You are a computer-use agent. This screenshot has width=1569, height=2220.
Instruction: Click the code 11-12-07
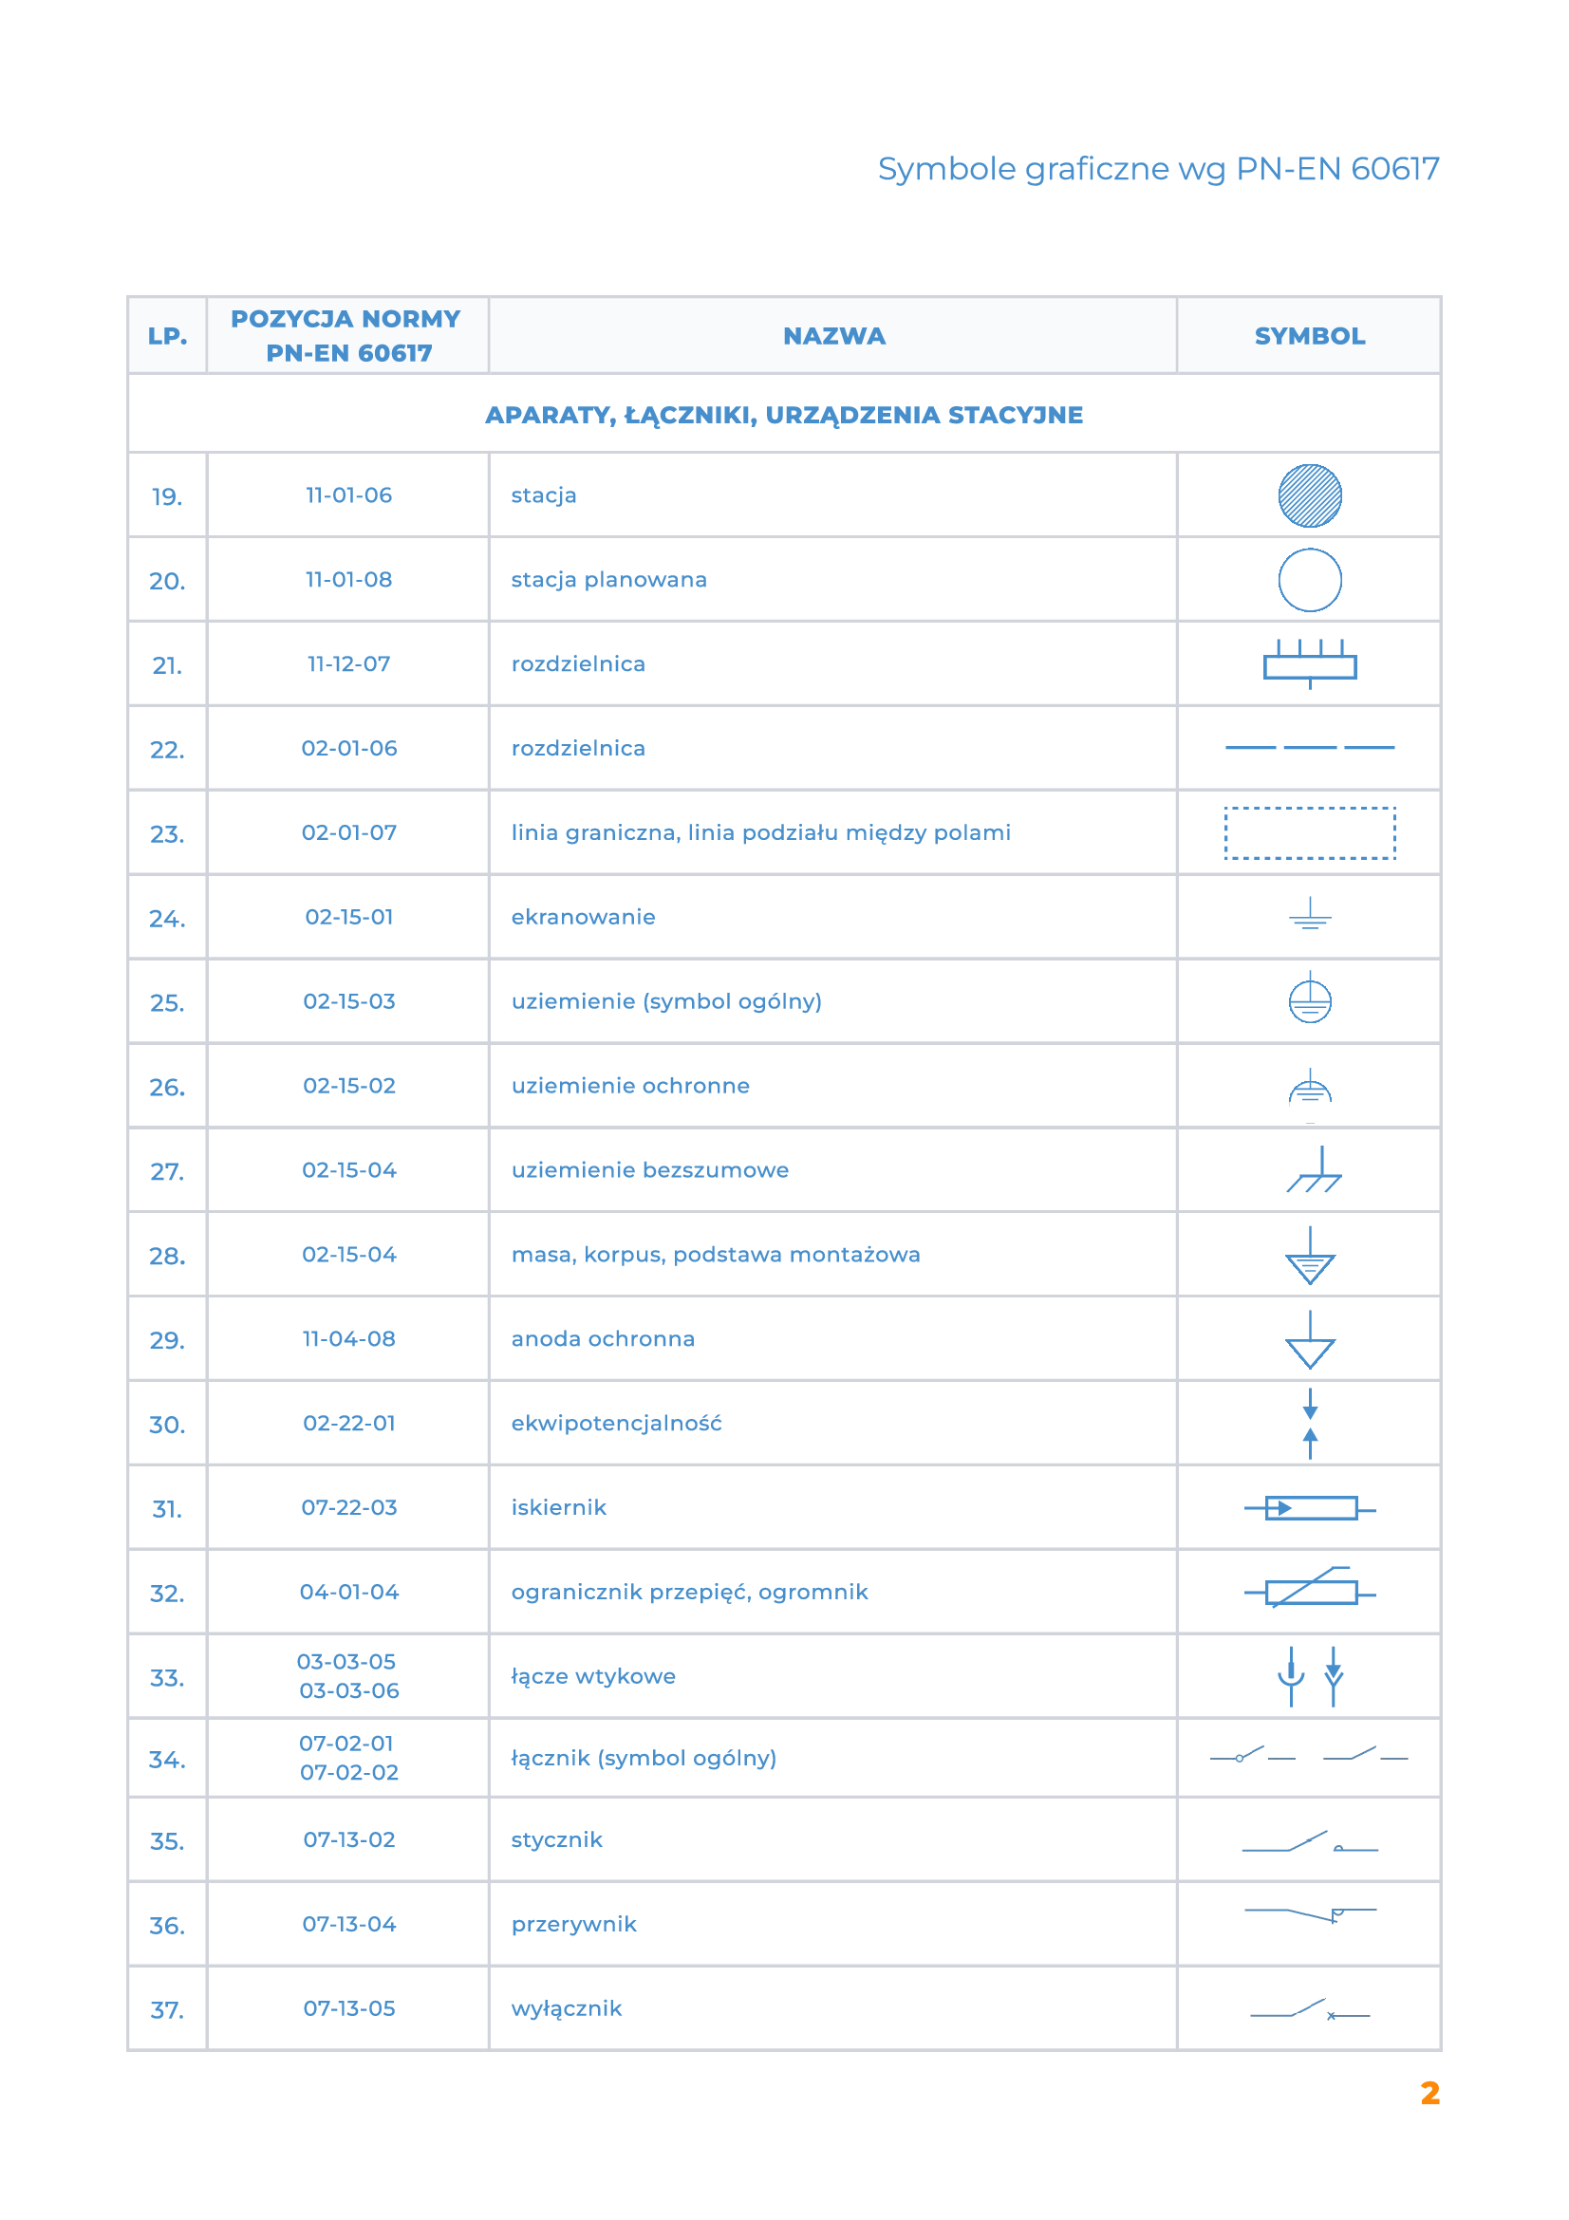point(349,664)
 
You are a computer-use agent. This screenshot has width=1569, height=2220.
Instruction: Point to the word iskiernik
point(559,1507)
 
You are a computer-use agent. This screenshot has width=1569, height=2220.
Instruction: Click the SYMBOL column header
point(1309,337)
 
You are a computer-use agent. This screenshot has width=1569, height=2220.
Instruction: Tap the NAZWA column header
point(833,337)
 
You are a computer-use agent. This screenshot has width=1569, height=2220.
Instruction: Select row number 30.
point(167,1425)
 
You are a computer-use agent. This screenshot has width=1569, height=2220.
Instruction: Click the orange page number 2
point(1429,2094)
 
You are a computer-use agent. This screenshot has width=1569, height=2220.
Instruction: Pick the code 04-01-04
point(349,1592)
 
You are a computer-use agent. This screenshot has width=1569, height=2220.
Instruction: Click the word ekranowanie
point(583,917)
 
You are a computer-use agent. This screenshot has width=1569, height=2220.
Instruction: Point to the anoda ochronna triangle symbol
point(1310,1344)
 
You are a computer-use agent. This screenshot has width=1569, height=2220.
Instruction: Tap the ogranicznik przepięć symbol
point(1310,1591)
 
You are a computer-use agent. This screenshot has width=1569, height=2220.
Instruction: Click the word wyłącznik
point(567,2008)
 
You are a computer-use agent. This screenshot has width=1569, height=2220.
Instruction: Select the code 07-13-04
point(349,1924)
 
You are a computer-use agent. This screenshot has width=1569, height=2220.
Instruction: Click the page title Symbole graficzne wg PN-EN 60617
point(1158,169)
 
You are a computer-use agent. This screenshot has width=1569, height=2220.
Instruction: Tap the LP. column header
point(167,337)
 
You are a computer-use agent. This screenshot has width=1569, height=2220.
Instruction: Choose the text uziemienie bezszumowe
point(649,1170)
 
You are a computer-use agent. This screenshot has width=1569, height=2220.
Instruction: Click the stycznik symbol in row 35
point(1310,1843)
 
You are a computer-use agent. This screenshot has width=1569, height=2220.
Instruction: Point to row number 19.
point(167,497)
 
